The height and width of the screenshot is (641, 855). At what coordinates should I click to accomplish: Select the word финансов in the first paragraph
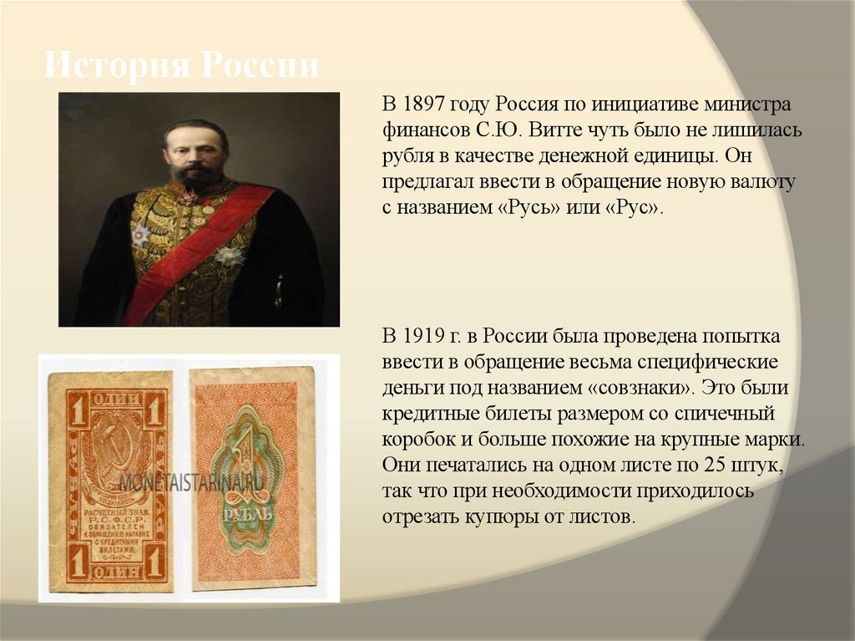tap(422, 131)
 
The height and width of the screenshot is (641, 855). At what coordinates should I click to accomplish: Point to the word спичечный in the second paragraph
tap(732, 415)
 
